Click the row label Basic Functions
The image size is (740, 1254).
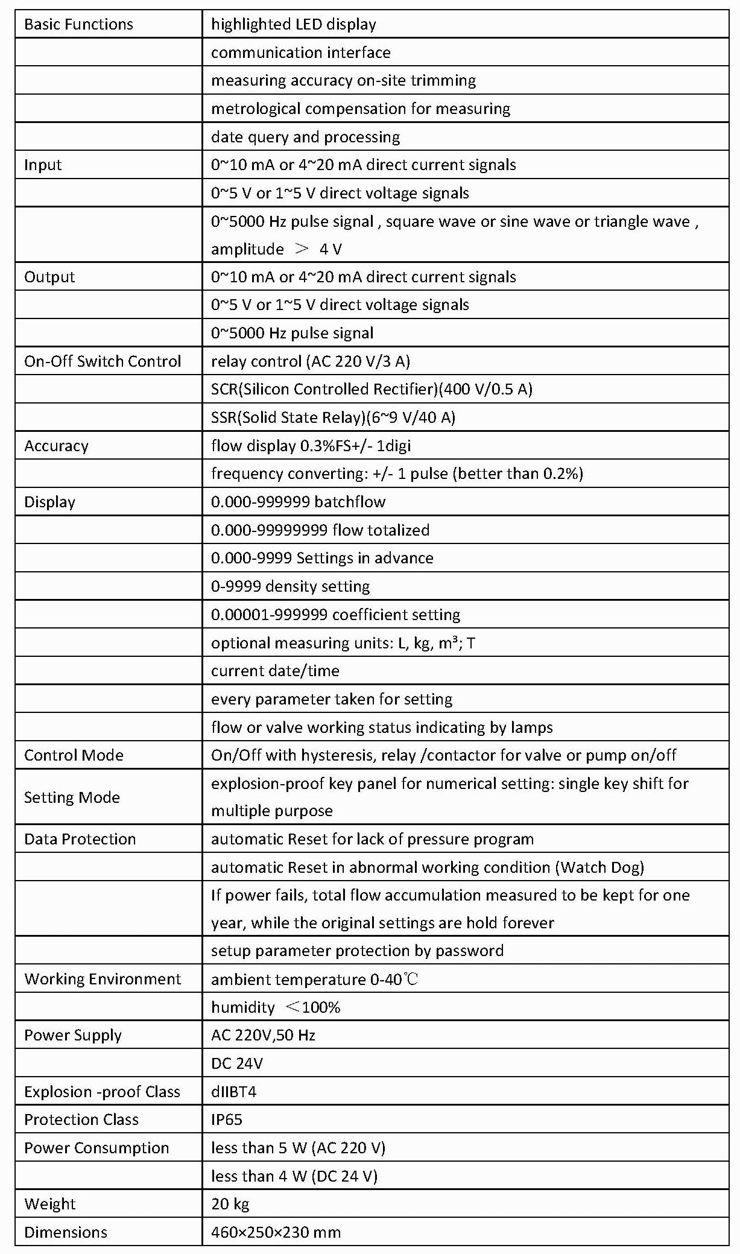[x=78, y=25]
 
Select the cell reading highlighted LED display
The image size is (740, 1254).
[x=293, y=25]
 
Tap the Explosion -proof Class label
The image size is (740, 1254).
[x=102, y=1092]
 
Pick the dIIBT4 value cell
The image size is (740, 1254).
[x=233, y=1092]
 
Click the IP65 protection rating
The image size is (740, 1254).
[x=227, y=1119]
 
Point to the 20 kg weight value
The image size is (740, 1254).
[x=230, y=1204]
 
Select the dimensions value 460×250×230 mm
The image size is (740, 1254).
[x=276, y=1232]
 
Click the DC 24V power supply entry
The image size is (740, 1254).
[x=237, y=1063]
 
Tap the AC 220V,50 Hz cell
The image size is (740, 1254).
[x=263, y=1035]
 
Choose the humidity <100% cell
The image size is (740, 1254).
[x=276, y=1007]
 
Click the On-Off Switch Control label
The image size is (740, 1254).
[x=103, y=361]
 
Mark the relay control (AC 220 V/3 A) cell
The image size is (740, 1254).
[x=310, y=361]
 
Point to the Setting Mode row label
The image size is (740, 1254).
[x=72, y=797]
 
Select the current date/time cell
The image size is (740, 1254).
[x=275, y=671]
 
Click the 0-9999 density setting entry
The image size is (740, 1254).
[x=290, y=586]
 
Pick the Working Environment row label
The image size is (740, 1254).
[x=103, y=979]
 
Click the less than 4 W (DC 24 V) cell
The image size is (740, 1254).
[x=294, y=1176]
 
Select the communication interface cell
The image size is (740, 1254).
[x=300, y=53]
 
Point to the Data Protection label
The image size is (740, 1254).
[x=80, y=839]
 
